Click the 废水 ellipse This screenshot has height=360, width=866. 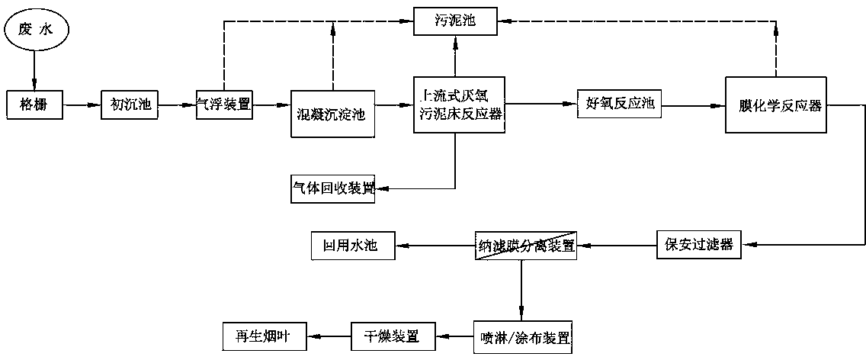[34, 31]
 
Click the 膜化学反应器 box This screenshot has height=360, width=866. [775, 105]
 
